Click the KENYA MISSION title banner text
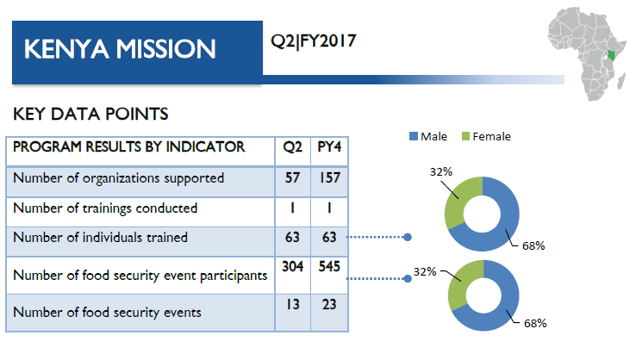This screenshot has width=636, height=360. click(x=120, y=49)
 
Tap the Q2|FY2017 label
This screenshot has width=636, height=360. click(x=314, y=41)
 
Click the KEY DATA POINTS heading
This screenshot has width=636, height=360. click(x=90, y=114)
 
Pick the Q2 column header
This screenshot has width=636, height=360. click(x=292, y=146)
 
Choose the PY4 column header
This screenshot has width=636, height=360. click(x=329, y=146)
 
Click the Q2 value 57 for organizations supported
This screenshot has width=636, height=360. click(x=292, y=177)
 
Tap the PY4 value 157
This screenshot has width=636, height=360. click(x=329, y=177)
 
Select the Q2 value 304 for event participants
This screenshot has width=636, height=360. click(x=292, y=266)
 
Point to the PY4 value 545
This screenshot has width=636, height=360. click(x=329, y=266)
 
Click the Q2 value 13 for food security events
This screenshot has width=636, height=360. click(x=292, y=304)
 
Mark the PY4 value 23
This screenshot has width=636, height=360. click(x=329, y=304)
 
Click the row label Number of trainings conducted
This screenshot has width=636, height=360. click(x=105, y=208)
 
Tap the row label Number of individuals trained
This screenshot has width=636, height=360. click(x=100, y=238)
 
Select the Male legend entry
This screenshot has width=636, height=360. click(x=428, y=137)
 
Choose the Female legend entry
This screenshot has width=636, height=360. click(x=486, y=137)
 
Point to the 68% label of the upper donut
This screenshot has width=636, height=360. click(x=533, y=246)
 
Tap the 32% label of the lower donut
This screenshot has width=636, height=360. click(x=425, y=271)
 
